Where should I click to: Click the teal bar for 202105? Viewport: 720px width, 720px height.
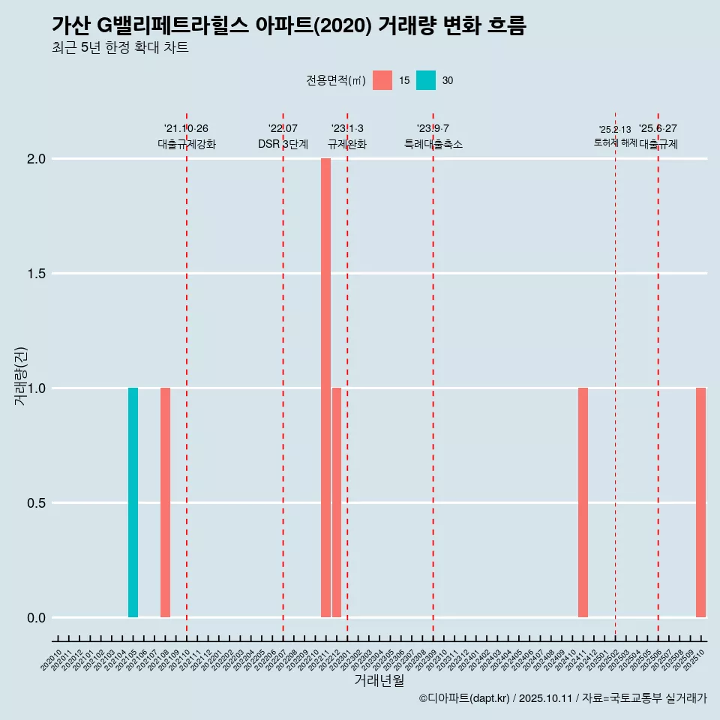(x=133, y=502)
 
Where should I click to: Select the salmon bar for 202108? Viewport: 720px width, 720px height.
(x=165, y=502)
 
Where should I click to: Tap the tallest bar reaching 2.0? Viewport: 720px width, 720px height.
(x=325, y=388)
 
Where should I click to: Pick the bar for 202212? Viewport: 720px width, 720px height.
(x=337, y=502)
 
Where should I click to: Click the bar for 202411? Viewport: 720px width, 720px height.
(x=583, y=502)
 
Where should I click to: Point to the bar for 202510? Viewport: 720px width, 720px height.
(x=700, y=502)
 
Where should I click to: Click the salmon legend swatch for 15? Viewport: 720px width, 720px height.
(x=382, y=80)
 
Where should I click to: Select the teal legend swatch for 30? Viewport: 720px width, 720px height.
(x=426, y=80)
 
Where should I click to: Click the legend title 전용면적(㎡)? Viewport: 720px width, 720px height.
(x=335, y=80)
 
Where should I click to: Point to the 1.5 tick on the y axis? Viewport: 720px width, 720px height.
(x=36, y=274)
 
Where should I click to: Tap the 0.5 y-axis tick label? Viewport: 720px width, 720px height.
(x=36, y=503)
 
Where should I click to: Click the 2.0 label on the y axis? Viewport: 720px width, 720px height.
(x=36, y=159)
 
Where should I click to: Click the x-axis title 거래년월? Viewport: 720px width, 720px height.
(x=379, y=680)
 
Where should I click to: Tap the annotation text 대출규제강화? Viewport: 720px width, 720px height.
(x=187, y=144)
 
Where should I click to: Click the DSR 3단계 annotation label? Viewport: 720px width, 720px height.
(x=283, y=144)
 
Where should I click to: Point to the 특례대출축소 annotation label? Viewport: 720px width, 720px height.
(x=433, y=144)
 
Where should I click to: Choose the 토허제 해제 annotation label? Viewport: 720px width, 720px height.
(x=615, y=142)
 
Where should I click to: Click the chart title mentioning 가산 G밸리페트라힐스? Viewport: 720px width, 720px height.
(x=289, y=25)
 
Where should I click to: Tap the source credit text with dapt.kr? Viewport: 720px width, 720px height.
(x=562, y=698)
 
